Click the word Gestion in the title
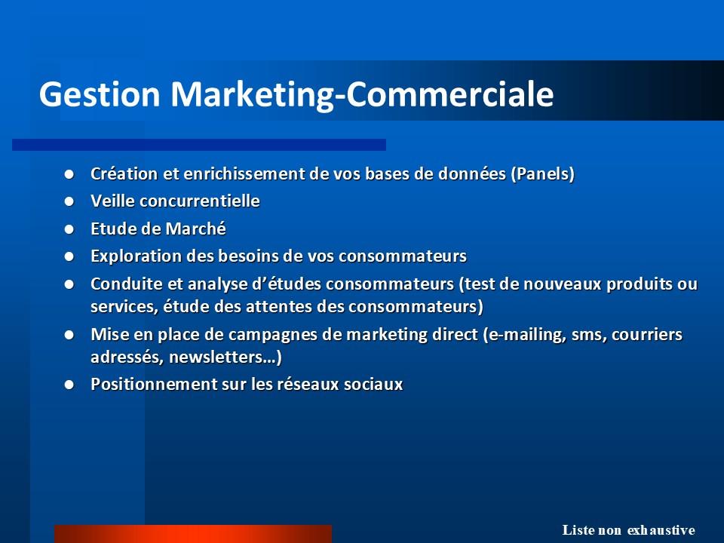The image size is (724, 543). click(100, 94)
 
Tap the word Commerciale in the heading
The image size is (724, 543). click(449, 94)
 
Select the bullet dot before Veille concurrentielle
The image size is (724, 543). click(69, 201)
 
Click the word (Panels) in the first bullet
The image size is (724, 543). click(542, 174)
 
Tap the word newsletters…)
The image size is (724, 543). click(225, 357)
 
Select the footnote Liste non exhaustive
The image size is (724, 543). click(628, 530)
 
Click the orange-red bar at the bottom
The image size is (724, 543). click(193, 534)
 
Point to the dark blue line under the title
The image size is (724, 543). click(199, 145)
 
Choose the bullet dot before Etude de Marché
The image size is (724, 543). click(69, 229)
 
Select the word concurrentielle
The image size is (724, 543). click(199, 201)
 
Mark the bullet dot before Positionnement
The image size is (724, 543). click(69, 385)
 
